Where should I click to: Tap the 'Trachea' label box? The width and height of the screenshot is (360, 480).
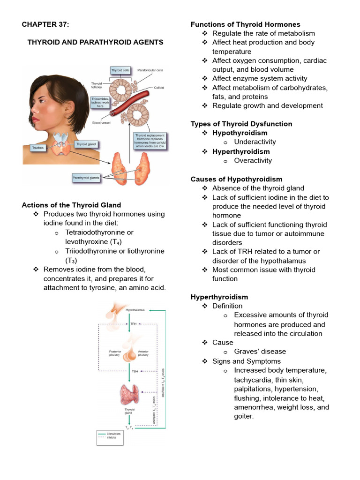point(34,147)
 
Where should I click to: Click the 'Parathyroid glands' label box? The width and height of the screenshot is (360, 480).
point(87,178)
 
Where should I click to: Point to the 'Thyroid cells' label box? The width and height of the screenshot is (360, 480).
point(120,70)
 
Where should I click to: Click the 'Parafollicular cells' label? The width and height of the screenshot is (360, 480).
point(150,70)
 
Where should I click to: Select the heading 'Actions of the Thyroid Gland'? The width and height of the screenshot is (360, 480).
point(71,205)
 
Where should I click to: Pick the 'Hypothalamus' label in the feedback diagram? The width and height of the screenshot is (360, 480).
point(135,310)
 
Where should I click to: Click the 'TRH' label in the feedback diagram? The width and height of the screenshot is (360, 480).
point(133,324)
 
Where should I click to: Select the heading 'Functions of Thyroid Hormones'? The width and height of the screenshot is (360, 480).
point(245,24)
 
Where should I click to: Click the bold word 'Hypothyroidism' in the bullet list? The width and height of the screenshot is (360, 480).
point(240,133)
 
